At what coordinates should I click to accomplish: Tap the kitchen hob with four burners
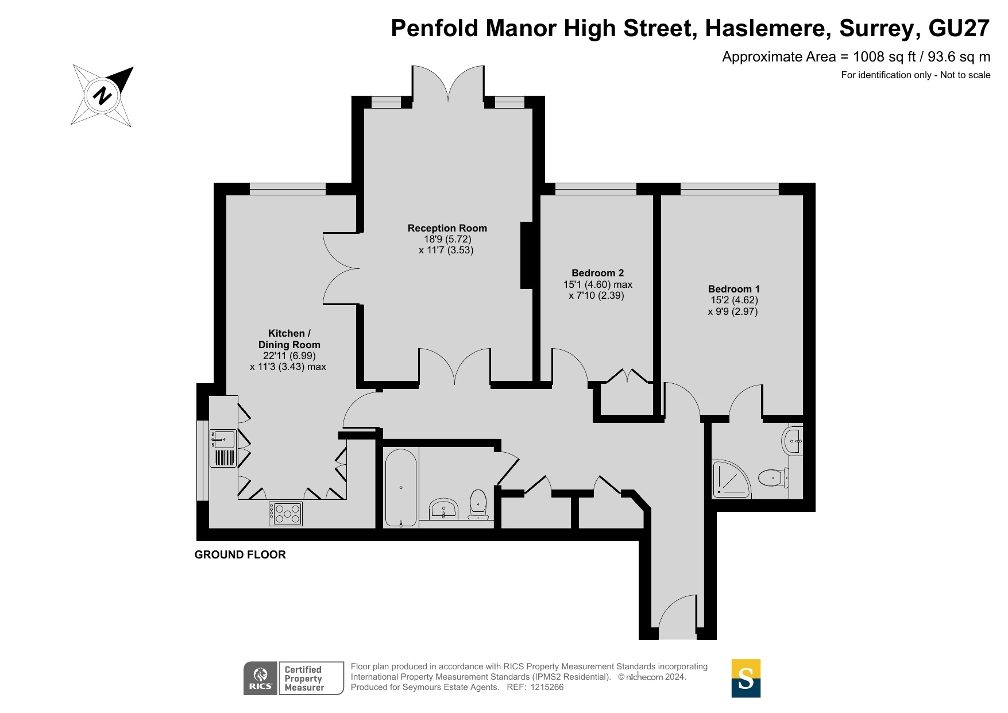click(285, 513)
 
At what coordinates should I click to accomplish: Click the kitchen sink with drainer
click(223, 448)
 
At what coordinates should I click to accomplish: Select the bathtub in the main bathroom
click(400, 488)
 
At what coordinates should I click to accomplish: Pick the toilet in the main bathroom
click(478, 504)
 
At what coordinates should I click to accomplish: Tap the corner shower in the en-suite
click(731, 478)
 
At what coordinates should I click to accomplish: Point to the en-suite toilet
click(773, 477)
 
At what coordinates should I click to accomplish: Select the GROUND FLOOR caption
click(240, 554)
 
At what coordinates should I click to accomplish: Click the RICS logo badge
click(261, 678)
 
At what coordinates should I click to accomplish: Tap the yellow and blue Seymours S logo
click(746, 678)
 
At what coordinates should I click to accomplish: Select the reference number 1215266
click(547, 687)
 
